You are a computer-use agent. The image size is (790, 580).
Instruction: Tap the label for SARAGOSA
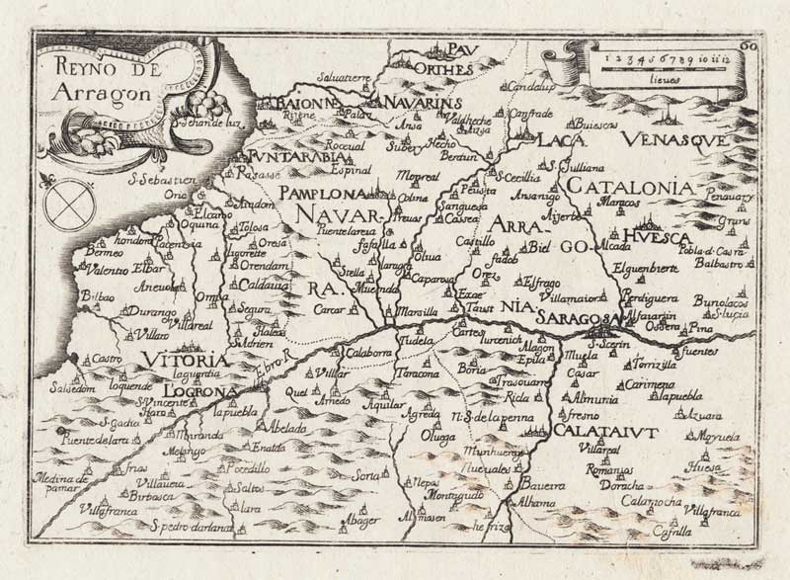pos(577,317)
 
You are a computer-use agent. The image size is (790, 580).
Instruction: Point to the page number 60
pos(749,41)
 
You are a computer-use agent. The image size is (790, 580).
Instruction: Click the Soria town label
pos(366,477)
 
